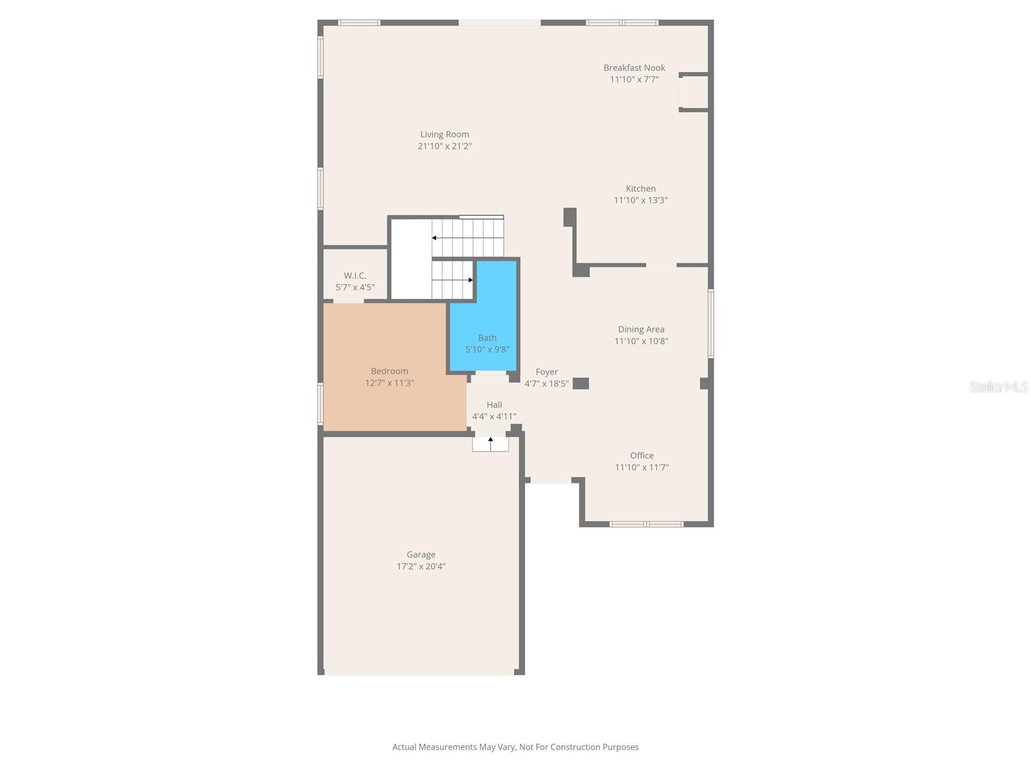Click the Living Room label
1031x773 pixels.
pos(445,135)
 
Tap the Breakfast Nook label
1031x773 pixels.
pos(634,68)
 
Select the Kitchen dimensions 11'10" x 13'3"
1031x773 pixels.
pos(641,200)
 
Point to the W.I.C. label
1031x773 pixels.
pos(355,276)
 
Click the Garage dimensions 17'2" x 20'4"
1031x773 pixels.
pos(421,567)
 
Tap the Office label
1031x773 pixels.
pos(642,455)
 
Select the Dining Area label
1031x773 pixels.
pos(641,329)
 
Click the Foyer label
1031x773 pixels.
pos(546,372)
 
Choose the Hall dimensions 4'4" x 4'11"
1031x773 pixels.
pos(494,417)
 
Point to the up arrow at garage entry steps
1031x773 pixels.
pos(490,441)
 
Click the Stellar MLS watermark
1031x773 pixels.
pos(999,386)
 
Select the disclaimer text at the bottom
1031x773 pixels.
pos(515,747)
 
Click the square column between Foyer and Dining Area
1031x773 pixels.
pos(581,383)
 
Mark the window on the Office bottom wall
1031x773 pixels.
pos(646,524)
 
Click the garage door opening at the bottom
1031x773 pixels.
pos(419,673)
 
